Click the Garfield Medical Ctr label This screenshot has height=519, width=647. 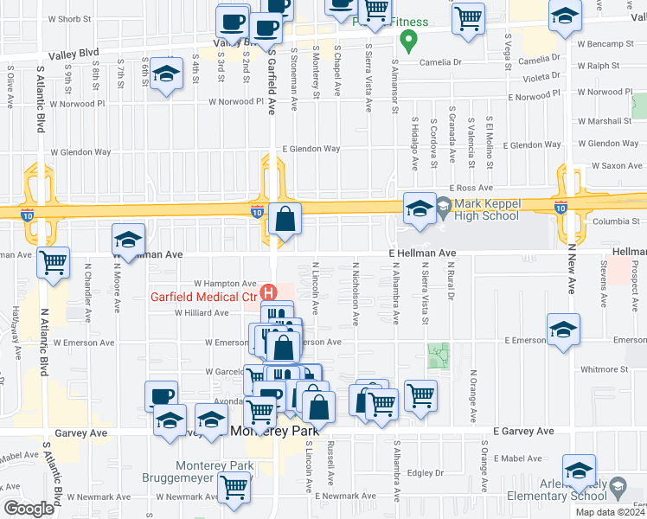(206, 296)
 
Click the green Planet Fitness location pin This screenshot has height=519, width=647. (412, 39)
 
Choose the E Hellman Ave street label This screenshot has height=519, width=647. (421, 253)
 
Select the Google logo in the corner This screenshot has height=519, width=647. (29, 509)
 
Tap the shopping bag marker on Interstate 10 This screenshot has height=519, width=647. (285, 221)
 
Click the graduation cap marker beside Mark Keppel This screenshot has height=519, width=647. (420, 208)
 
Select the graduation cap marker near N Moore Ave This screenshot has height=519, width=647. (128, 240)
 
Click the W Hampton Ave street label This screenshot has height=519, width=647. (225, 283)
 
